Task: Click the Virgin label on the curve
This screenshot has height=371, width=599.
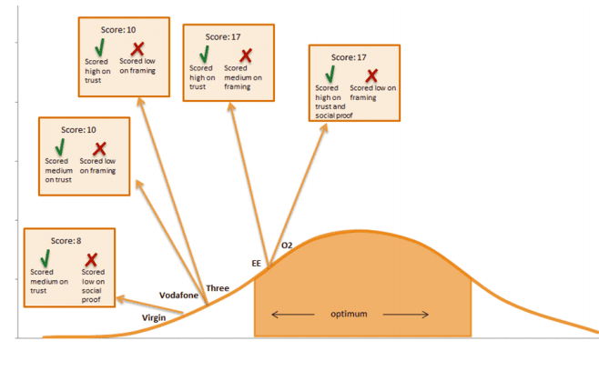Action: click(x=154, y=317)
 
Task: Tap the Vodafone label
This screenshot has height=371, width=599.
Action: click(x=178, y=296)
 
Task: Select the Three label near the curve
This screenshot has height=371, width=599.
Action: click(x=217, y=288)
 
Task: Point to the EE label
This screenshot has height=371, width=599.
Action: click(x=257, y=263)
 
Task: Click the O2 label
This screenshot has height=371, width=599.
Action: click(x=287, y=246)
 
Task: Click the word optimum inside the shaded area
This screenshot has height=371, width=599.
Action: click(x=349, y=314)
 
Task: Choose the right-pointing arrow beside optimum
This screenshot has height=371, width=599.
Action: click(x=408, y=315)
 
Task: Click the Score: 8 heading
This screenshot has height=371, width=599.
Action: click(x=66, y=241)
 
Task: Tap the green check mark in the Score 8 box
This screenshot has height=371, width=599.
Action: click(x=44, y=258)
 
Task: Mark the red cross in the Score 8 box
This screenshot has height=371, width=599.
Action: click(x=93, y=259)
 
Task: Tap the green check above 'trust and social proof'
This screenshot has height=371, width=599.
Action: click(x=330, y=76)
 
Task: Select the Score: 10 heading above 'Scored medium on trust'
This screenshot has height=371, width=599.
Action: click(x=79, y=130)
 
